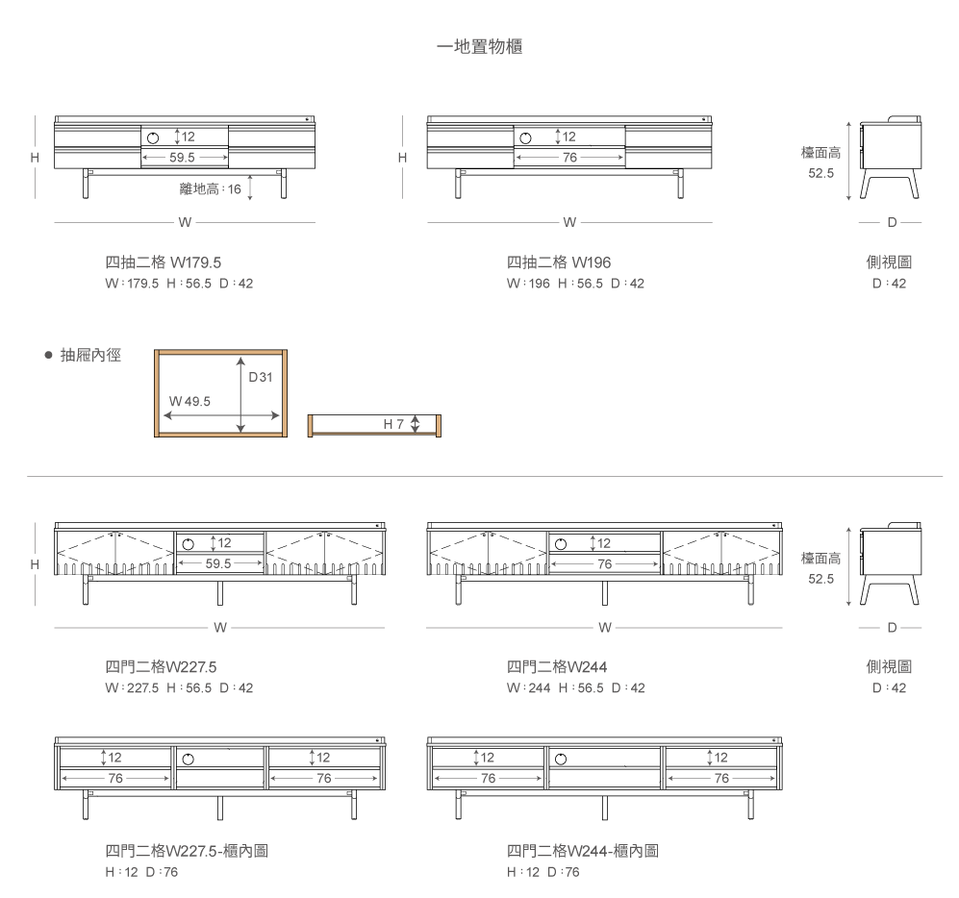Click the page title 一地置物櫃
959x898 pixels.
pos(479,46)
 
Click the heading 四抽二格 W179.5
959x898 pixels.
pos(164,262)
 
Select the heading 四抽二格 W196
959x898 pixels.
pos(559,262)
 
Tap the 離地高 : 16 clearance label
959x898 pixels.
pos(211,188)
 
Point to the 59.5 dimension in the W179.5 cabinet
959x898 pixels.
pos(182,157)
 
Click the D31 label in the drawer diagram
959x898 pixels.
pos(261,377)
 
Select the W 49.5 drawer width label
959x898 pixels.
pos(189,401)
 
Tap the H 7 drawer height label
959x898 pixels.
pos(393,424)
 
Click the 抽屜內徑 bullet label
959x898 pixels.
pos(90,355)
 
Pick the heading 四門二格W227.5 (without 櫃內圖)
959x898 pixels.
pos(161,667)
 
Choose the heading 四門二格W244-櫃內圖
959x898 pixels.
pos(582,850)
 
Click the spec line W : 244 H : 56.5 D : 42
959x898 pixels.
pos(575,687)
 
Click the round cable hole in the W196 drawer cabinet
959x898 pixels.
pos(525,138)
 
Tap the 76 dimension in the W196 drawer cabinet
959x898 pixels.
pos(570,157)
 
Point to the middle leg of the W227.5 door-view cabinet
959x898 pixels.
pos(220,593)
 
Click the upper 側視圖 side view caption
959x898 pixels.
pos(890,262)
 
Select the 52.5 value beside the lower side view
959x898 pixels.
pos(820,579)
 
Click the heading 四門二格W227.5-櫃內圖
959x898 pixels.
pos(187,850)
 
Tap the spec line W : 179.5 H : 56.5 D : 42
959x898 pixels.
pos(179,283)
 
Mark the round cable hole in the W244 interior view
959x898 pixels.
pos(561,760)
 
